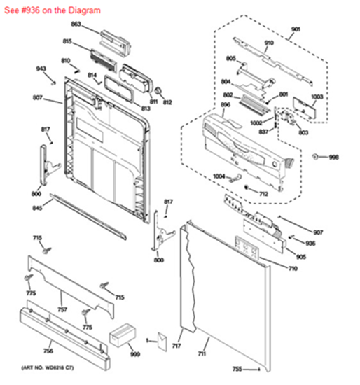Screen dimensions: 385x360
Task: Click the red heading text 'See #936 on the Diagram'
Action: pos(53,10)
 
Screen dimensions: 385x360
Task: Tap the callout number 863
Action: pos(76,24)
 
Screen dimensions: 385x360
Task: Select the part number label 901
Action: pos(295,29)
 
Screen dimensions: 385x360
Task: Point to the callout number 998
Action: pos(333,157)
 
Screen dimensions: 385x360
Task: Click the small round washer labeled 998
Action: pos(316,155)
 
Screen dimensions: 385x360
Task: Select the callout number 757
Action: pos(62,309)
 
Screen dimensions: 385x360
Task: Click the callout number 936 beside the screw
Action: pos(310,243)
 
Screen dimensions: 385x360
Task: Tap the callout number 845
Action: pos(36,209)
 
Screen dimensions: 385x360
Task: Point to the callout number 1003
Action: pos(317,96)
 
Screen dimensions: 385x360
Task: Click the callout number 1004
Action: pos(219,176)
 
